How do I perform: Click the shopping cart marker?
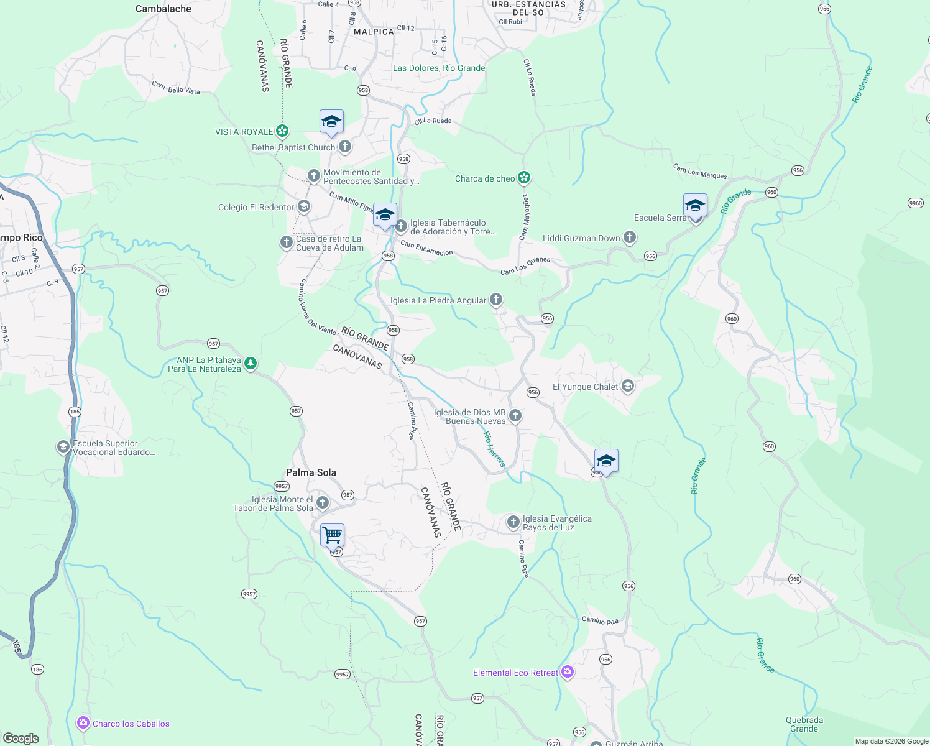[332, 535]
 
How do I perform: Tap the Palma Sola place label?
[311, 472]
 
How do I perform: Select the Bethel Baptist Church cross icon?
[345, 147]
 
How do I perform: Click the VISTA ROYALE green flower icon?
[283, 131]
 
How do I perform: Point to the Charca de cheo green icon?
[525, 178]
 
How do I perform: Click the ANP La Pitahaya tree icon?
[251, 364]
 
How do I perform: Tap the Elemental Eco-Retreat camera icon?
[567, 672]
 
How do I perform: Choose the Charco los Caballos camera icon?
[83, 723]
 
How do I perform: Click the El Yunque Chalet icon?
[628, 387]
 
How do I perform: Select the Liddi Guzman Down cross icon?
[630, 237]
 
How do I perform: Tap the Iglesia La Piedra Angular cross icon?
[496, 300]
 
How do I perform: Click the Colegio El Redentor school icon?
[303, 206]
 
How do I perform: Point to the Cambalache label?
[163, 9]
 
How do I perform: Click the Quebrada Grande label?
[804, 724]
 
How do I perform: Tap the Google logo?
[21, 739]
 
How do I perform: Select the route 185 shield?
[75, 412]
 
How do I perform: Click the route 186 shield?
[37, 670]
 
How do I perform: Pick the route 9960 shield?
[915, 203]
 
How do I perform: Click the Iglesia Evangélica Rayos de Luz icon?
[513, 522]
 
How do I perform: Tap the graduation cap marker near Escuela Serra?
[695, 205]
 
